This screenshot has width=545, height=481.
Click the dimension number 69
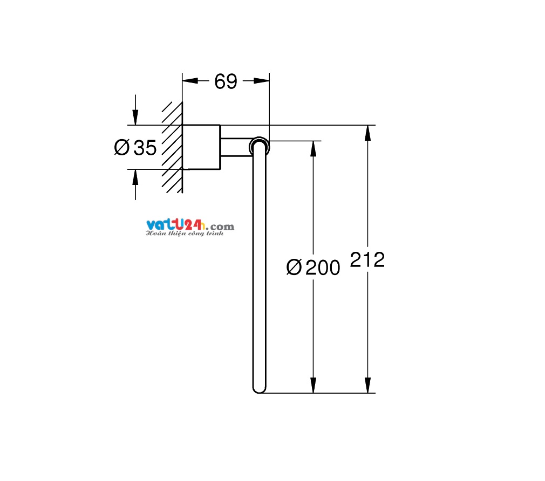click(x=226, y=81)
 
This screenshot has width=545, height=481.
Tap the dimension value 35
click(x=145, y=148)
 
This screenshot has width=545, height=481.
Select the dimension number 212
click(x=367, y=259)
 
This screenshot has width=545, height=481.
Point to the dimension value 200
click(x=323, y=267)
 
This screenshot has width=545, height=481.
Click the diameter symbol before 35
click(x=121, y=147)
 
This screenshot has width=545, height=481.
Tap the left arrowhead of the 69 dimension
click(x=190, y=81)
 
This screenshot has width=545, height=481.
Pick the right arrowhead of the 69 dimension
click(x=261, y=81)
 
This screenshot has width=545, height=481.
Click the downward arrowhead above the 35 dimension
click(x=135, y=117)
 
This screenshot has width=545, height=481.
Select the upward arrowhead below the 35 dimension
click(x=135, y=177)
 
